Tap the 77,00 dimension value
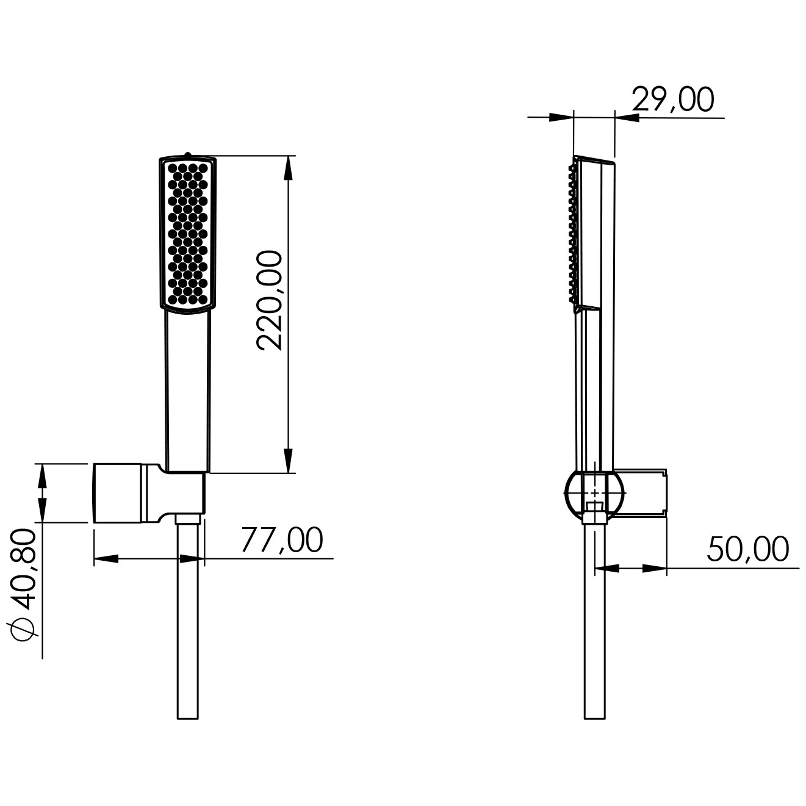(282, 540)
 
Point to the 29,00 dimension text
(672, 100)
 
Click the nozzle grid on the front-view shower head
(188, 234)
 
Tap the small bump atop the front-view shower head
(188, 154)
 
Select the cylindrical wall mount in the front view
(118, 493)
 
